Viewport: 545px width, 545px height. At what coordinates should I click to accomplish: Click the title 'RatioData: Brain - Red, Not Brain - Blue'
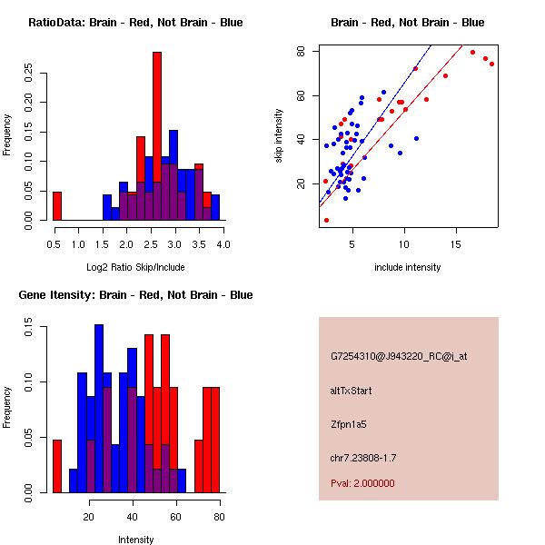point(135,23)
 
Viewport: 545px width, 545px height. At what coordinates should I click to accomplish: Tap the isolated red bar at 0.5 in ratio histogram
point(56,206)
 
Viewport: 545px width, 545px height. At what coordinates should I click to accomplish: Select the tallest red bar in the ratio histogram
point(157,136)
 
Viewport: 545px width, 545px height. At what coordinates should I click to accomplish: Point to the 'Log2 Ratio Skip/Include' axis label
point(135,269)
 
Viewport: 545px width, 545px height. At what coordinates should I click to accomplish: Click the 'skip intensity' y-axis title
point(279,136)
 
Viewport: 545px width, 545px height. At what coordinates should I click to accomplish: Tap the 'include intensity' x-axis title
point(407,268)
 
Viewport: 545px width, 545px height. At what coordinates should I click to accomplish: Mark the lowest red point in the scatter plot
point(326,220)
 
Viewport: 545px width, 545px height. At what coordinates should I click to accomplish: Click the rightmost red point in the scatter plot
point(491,64)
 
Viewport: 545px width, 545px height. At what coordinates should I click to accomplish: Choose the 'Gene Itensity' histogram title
point(135,295)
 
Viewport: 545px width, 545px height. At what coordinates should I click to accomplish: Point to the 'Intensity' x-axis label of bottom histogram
point(136,540)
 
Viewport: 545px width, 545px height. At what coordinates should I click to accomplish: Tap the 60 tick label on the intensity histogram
point(175,517)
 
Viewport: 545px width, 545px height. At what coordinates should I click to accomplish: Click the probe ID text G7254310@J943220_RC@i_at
point(399,357)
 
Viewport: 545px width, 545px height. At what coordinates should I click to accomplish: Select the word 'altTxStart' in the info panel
point(352,391)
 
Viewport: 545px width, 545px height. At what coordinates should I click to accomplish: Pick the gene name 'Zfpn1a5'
point(349,423)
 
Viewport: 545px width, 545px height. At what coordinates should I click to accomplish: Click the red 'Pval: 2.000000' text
point(362,483)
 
